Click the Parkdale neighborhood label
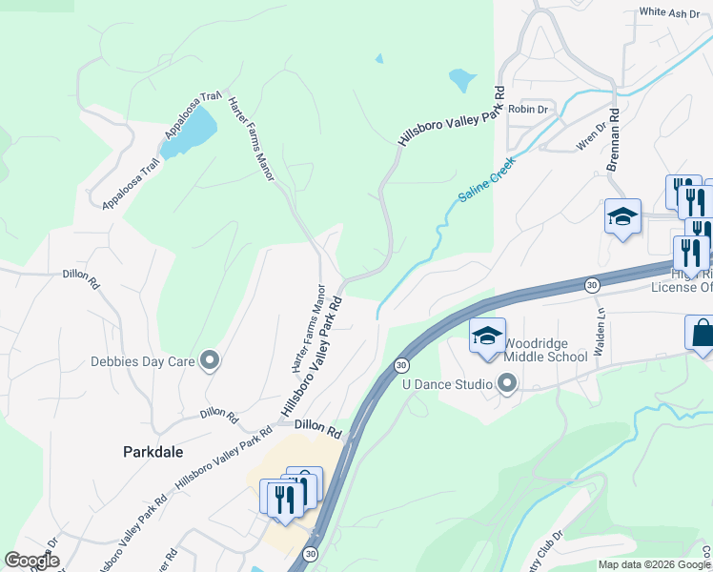pos(153,451)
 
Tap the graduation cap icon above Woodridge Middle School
pos(486,337)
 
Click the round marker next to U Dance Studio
pos(507,384)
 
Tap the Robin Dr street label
pos(528,110)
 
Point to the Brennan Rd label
pos(614,138)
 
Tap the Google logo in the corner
pos(32,562)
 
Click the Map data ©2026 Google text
pos(654,564)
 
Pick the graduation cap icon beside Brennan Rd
pos(621,215)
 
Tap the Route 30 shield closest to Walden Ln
pos(592,284)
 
